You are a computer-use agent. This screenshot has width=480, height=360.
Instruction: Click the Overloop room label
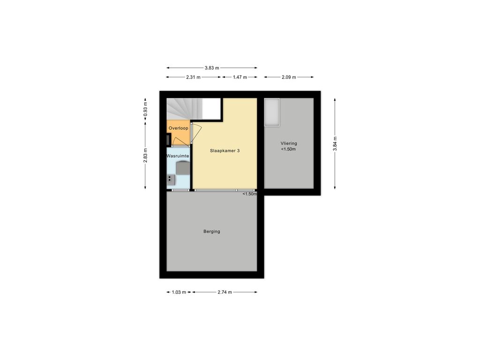click(179, 128)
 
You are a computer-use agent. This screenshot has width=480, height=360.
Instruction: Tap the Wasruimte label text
click(178, 156)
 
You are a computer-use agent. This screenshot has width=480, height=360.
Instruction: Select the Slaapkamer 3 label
click(225, 150)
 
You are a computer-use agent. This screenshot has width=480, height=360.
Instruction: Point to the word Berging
click(212, 232)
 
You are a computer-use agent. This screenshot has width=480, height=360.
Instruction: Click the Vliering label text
click(289, 143)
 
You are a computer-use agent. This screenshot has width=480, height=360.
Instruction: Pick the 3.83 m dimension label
click(212, 68)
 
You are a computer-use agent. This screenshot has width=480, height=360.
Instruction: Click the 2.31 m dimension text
click(193, 77)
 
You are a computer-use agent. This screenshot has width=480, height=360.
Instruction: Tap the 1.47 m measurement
click(240, 77)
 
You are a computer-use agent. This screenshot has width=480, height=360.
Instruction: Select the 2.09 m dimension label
click(289, 77)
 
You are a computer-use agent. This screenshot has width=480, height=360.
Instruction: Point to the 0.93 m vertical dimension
click(145, 109)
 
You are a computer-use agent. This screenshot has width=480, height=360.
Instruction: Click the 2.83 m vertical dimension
click(145, 156)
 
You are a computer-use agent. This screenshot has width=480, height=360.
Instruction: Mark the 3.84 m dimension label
click(335, 143)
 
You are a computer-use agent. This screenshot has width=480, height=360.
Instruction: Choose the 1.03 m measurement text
click(179, 292)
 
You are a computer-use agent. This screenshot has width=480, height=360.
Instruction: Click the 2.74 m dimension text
click(225, 292)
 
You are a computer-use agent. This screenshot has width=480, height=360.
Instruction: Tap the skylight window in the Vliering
click(272, 112)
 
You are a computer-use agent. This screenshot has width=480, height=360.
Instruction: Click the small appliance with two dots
click(171, 180)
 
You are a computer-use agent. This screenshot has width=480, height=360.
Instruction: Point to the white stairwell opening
click(211, 109)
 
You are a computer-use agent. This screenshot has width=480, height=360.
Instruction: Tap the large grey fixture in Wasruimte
click(183, 168)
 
